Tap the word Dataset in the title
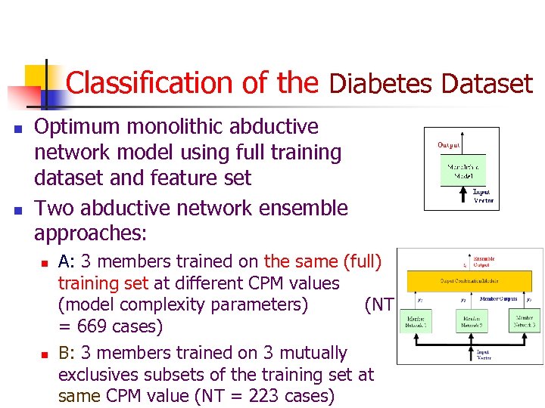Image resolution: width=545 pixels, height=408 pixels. (487, 83)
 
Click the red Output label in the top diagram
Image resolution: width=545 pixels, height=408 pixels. (448, 145)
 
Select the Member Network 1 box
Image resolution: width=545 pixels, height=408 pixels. (416, 321)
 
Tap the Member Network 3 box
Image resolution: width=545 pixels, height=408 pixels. (525, 321)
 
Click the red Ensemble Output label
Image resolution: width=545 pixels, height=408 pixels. (484, 262)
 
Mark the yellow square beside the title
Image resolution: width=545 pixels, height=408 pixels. (36, 76)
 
